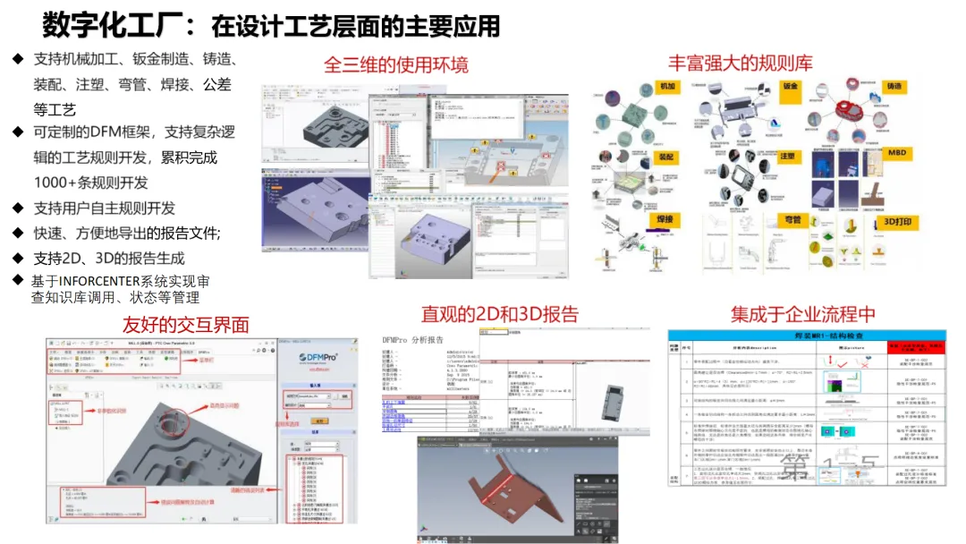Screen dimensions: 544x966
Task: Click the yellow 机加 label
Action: [667, 86]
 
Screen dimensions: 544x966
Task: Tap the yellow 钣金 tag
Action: [791, 87]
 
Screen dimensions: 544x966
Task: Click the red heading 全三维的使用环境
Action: [395, 64]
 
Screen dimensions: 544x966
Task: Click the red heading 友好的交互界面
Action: [185, 324]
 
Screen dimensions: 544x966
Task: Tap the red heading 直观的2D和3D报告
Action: [500, 314]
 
